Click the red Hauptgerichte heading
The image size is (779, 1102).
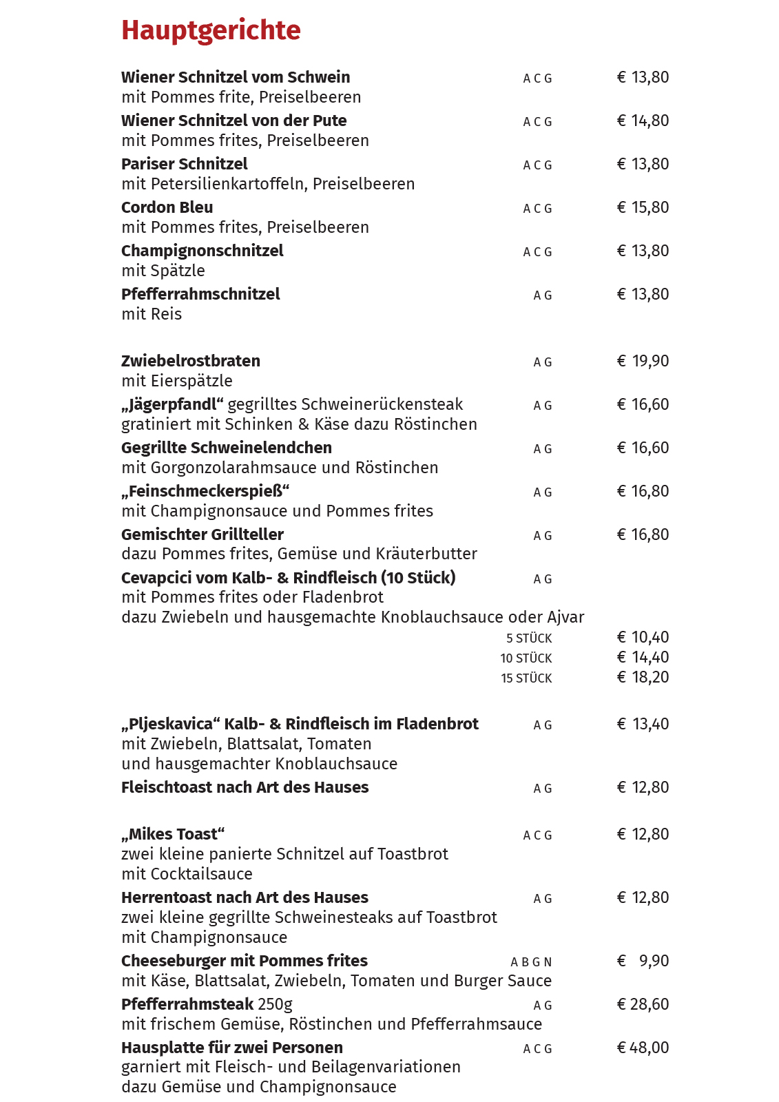tap(211, 31)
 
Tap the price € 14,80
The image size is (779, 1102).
tap(643, 121)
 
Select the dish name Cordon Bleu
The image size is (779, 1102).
tap(167, 207)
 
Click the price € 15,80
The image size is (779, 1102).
tap(643, 207)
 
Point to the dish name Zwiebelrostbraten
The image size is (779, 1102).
tap(191, 361)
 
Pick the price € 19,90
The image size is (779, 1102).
tap(643, 361)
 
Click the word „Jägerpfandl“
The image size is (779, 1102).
tap(172, 404)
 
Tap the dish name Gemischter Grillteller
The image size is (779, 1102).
tap(202, 534)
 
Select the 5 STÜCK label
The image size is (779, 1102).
tap(529, 638)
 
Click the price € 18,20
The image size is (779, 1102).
tap(643, 677)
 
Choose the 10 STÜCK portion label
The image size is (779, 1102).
tap(526, 658)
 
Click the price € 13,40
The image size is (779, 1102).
tap(643, 724)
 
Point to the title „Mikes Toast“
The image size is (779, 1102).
tap(173, 834)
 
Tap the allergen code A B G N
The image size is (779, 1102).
tap(531, 962)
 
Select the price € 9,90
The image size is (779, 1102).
tap(643, 961)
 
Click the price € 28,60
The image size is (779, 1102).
tap(643, 1004)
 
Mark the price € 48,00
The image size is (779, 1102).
tap(643, 1048)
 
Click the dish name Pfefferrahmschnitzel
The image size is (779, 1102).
tap(200, 294)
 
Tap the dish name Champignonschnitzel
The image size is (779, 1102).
tap(202, 251)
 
